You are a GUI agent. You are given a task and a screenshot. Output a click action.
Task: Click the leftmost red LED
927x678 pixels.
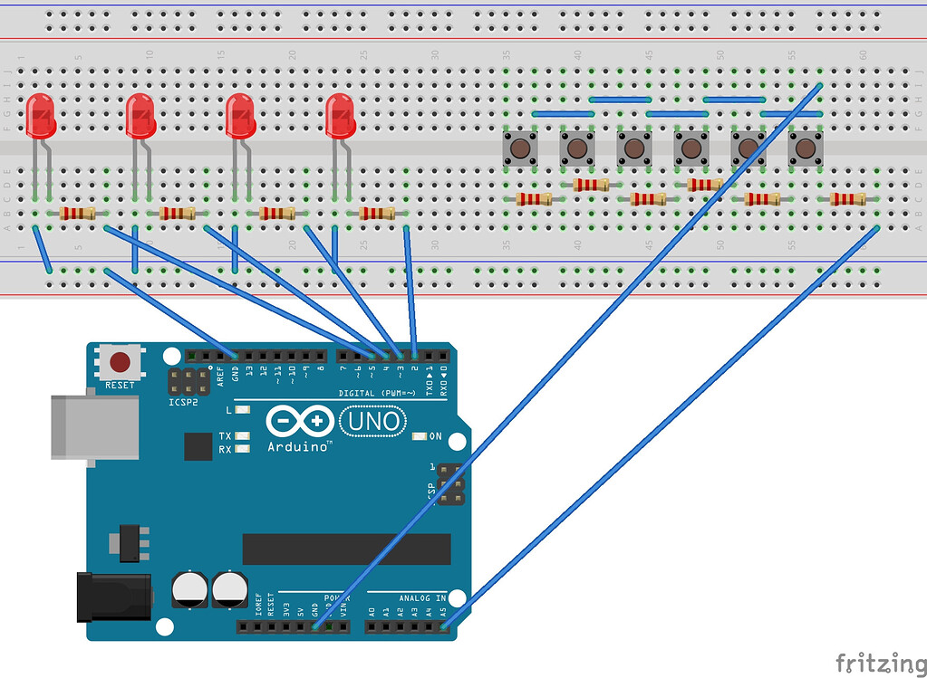tap(41, 116)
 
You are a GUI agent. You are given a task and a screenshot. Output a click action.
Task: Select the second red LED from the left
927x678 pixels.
tap(140, 116)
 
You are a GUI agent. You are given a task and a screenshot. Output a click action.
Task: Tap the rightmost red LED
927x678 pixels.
tap(341, 116)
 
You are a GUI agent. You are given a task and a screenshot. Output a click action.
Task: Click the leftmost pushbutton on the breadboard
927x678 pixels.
tap(520, 148)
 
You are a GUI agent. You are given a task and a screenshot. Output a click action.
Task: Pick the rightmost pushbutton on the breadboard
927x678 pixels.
tap(804, 148)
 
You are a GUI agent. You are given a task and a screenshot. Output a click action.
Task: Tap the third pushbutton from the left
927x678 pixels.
tap(633, 148)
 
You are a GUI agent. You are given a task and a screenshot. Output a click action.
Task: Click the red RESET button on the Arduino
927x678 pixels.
tap(120, 364)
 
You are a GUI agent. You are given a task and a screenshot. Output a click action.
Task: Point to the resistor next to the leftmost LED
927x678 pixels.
tap(77, 214)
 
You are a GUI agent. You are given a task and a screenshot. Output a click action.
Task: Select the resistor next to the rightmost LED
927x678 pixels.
tap(377, 214)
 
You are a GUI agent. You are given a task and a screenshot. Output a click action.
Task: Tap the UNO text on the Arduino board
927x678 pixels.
tap(373, 421)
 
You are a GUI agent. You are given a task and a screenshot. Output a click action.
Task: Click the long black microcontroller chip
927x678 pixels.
tap(346, 549)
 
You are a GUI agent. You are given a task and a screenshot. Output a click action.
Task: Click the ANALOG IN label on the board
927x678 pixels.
tap(422, 598)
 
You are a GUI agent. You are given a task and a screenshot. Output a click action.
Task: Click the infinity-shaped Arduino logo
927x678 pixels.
tap(298, 422)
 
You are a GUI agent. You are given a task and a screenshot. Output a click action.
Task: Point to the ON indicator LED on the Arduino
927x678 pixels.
tap(418, 436)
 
